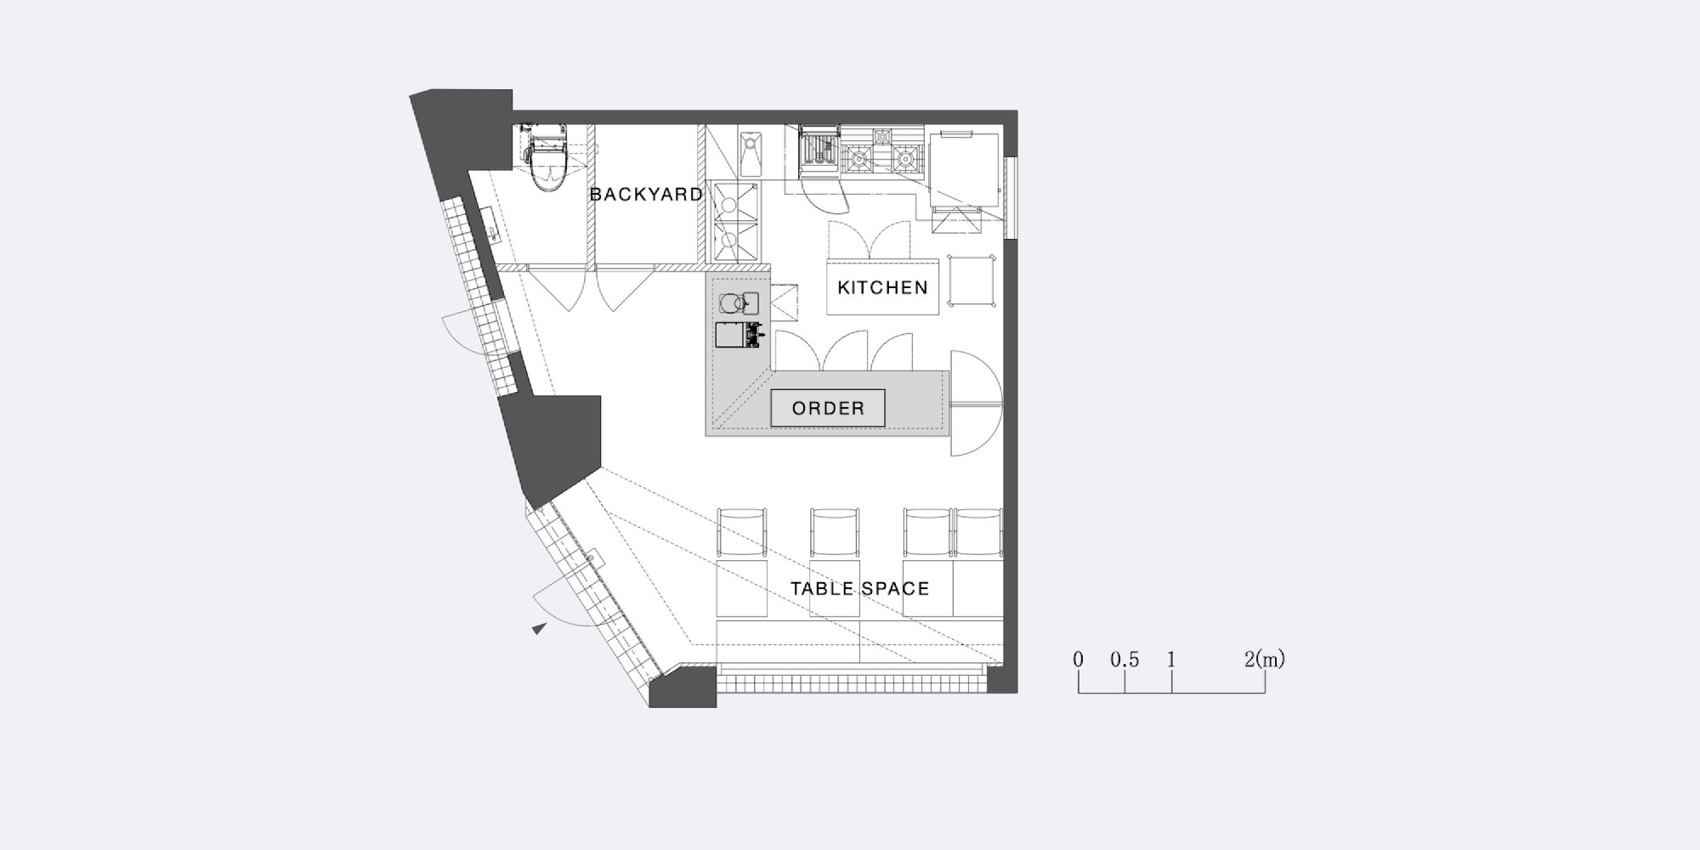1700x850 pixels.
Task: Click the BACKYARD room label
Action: (x=646, y=195)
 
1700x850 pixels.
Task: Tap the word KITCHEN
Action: (x=882, y=287)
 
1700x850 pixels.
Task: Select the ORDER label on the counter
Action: (x=828, y=408)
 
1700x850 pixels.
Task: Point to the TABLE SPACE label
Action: (x=859, y=588)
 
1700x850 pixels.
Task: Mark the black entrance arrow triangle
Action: (x=539, y=628)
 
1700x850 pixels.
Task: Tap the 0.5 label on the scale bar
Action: (x=1125, y=660)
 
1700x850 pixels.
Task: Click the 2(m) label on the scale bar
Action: (x=1265, y=659)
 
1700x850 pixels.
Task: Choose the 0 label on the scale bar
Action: (x=1078, y=660)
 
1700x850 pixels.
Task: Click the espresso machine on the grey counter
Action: (x=738, y=335)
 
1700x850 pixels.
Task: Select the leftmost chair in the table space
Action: (x=742, y=533)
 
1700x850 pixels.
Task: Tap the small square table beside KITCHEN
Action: (x=972, y=280)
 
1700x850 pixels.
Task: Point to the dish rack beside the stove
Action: (x=819, y=150)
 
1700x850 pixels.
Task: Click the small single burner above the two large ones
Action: (x=882, y=134)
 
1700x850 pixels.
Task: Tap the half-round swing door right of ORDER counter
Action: (x=976, y=403)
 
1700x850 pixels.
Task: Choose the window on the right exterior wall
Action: (x=1011, y=197)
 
